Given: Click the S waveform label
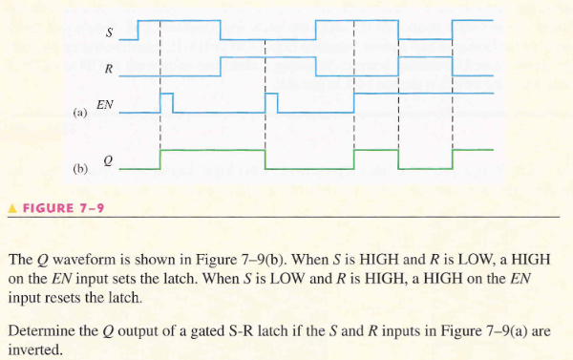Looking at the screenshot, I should pyautogui.click(x=108, y=33).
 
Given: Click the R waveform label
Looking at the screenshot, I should pyautogui.click(x=108, y=69).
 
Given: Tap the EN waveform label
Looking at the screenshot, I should pyautogui.click(x=105, y=101).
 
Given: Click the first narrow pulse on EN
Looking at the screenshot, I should pyautogui.click(x=167, y=102).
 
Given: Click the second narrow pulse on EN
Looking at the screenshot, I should pyautogui.click(x=271, y=102).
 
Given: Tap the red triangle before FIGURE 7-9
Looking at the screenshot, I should pyautogui.click(x=11, y=206).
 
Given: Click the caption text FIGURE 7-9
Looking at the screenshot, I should pyautogui.click(x=57, y=206).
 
